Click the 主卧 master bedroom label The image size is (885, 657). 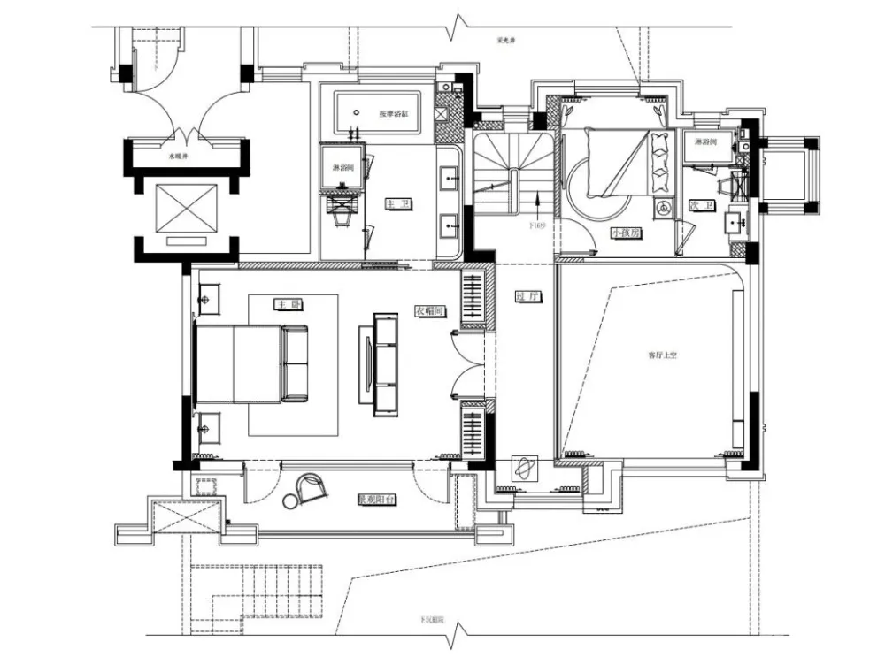(284, 304)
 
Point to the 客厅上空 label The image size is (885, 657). (662, 355)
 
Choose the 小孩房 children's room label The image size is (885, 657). (625, 233)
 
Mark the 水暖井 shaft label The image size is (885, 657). (180, 156)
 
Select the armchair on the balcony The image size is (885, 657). (311, 485)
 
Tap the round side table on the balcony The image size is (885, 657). (291, 500)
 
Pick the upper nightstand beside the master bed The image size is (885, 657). (211, 299)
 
